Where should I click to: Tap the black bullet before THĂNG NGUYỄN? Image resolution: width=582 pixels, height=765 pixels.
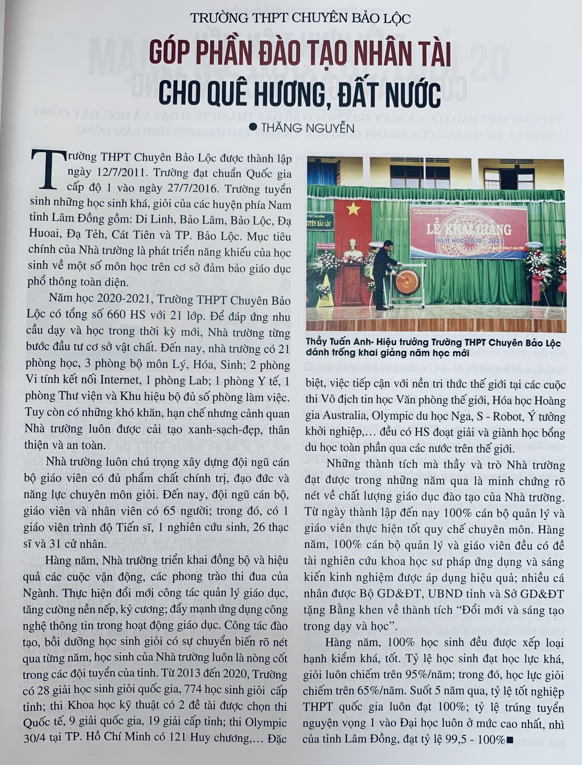pyautogui.click(x=253, y=127)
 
